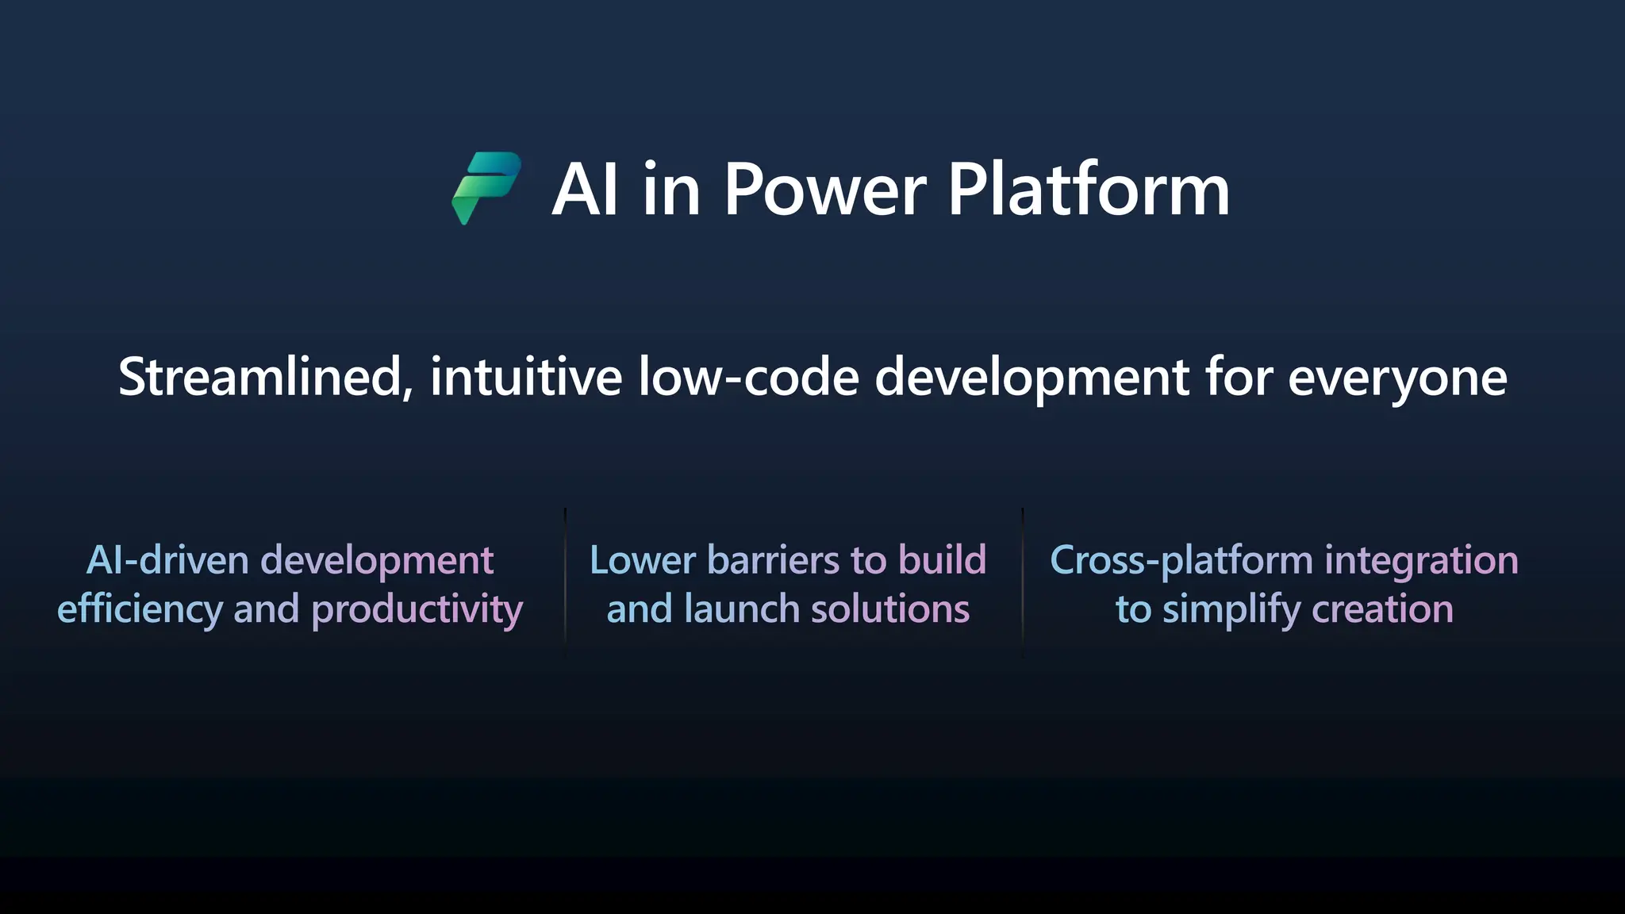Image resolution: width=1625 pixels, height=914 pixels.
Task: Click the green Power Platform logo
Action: [486, 187]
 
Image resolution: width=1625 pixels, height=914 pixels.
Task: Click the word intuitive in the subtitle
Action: [526, 377]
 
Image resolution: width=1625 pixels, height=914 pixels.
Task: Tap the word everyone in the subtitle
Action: [1396, 378]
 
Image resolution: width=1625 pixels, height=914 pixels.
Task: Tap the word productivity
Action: [417, 610]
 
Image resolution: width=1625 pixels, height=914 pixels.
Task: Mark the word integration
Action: [1421, 561]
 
